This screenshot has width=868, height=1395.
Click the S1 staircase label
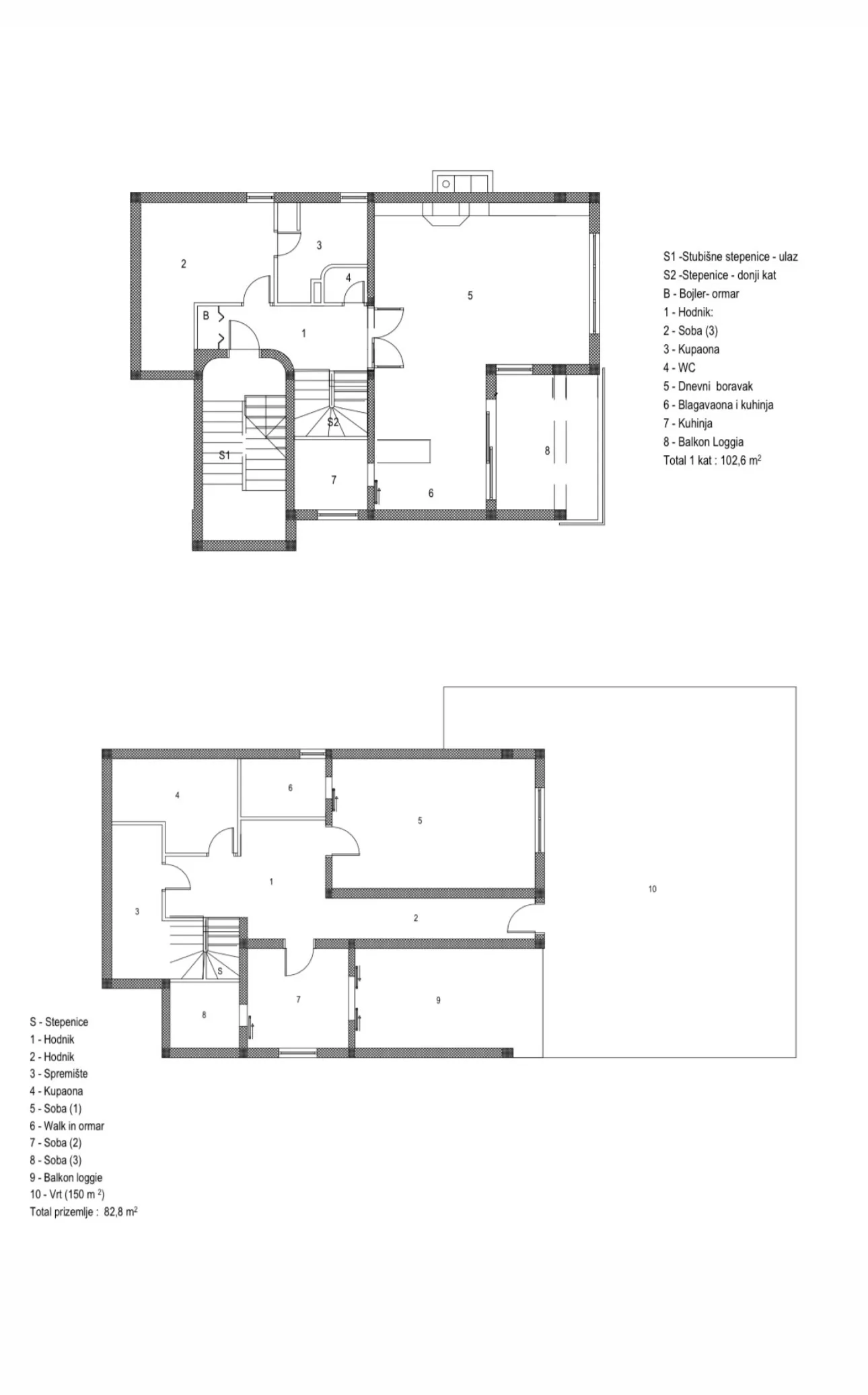[x=225, y=456]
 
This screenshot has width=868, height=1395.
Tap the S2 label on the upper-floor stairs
[x=333, y=423]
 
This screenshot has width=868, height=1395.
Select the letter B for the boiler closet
[x=206, y=316]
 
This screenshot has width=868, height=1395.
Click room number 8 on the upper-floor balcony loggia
[x=547, y=451]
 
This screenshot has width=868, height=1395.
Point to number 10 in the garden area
[x=652, y=889]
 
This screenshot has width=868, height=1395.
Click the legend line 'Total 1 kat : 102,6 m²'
[x=712, y=461]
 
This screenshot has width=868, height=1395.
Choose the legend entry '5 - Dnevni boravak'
[x=708, y=386]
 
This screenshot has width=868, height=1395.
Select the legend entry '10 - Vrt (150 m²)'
[x=67, y=1194]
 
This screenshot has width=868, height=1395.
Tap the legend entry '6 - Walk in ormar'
[x=67, y=1126]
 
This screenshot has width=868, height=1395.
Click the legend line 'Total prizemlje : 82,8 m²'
[x=83, y=1212]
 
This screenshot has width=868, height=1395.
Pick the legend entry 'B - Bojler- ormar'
[x=701, y=294]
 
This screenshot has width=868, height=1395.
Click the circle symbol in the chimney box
[x=445, y=184]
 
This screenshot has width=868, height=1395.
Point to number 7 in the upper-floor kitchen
[x=334, y=480]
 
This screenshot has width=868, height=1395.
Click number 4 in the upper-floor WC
[x=348, y=277]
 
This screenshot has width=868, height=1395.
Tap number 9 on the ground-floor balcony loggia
[x=438, y=1000]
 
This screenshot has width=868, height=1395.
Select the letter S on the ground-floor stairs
[x=220, y=972]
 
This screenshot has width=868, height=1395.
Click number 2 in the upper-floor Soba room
[x=184, y=264]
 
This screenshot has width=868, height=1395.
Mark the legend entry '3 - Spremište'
[x=59, y=1074]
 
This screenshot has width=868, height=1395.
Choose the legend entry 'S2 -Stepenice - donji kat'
[x=719, y=275]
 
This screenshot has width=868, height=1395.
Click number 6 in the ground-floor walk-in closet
[x=290, y=788]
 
